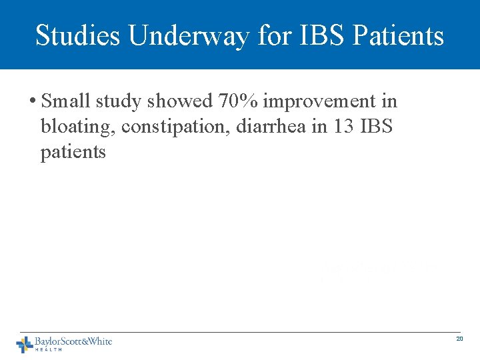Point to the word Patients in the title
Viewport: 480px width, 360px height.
click(x=405, y=35)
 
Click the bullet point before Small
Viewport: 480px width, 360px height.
click(x=32, y=102)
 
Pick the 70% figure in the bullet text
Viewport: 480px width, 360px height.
click(x=239, y=101)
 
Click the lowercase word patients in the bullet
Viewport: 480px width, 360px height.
click(x=73, y=152)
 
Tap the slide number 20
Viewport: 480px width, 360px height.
click(x=459, y=339)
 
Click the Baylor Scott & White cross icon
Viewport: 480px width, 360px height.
click(x=25, y=344)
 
